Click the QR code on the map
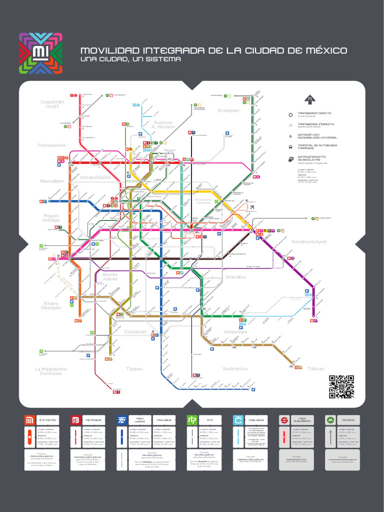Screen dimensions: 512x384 pos(341,386)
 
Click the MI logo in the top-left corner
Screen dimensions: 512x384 pos(40,53)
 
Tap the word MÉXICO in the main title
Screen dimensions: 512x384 pos(324,51)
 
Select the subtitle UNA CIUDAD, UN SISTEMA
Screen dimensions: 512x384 pos(130,59)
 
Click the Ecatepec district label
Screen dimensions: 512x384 pos(228,110)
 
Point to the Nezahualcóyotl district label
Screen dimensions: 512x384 pos(308,241)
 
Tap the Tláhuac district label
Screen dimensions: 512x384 pos(316,368)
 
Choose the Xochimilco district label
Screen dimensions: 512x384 pos(235,368)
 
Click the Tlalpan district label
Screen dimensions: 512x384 pos(134,368)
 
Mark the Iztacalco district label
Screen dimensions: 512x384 pos(235,276)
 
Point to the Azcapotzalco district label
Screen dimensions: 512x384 pos(95,177)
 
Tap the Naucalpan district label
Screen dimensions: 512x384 pos(52,181)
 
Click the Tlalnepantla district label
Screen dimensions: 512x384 pos(51,145)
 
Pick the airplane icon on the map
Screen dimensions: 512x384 pos(252,207)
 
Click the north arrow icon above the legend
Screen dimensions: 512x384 pos(310,99)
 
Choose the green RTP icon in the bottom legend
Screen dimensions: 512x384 pos(191,420)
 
